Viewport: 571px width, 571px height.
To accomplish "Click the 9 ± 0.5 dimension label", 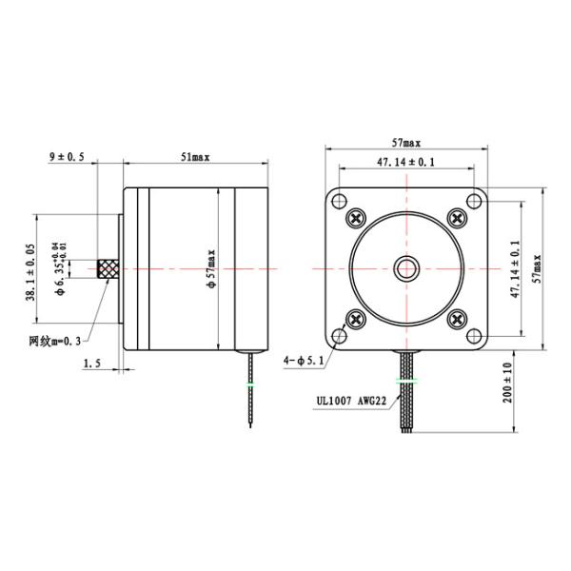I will tap(67, 155).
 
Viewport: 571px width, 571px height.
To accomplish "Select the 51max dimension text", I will tap(194, 155).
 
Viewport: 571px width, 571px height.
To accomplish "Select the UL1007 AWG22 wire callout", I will tap(347, 402).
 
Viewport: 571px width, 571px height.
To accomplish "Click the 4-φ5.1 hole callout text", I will tap(304, 361).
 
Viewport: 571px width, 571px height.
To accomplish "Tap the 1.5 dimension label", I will tap(92, 363).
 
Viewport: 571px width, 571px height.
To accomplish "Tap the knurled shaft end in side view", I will tap(109, 269).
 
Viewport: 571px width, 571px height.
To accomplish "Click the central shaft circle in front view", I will tap(406, 268).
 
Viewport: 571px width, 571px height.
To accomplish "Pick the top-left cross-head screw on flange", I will tap(356, 218).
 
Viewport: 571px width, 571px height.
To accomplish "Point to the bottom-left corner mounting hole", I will tap(340, 336).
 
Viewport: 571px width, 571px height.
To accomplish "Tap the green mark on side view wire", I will tap(250, 384).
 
